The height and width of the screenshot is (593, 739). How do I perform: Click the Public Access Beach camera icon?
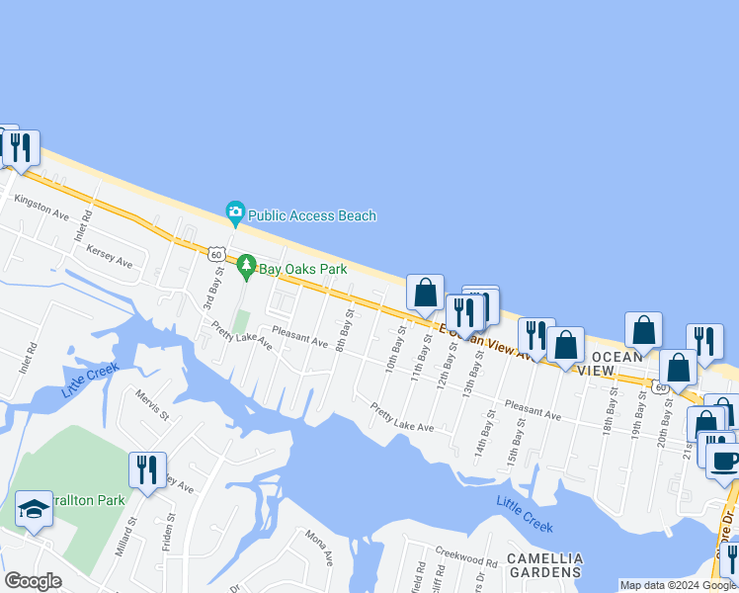[x=235, y=212]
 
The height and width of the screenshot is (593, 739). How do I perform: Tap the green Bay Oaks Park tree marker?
[x=246, y=267]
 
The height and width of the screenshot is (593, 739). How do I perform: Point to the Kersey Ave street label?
[x=109, y=256]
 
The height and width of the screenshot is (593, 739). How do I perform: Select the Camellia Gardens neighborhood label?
[x=543, y=565]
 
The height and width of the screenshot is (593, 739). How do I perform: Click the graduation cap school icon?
[x=34, y=510]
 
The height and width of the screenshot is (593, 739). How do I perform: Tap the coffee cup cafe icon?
[x=724, y=461]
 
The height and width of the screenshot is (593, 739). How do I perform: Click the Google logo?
[x=34, y=580]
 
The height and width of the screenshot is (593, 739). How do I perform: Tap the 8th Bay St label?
[x=344, y=330]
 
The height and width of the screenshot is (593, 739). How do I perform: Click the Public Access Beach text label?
[x=312, y=215]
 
